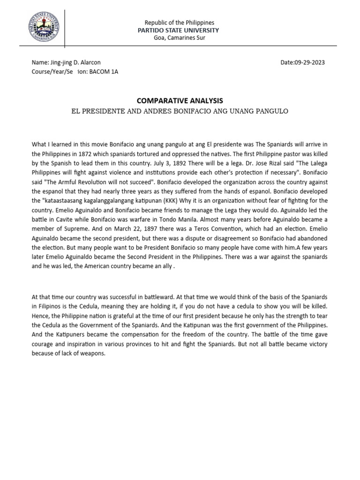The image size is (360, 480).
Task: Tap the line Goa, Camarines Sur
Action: point(180,38)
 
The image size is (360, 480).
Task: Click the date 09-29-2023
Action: point(310,62)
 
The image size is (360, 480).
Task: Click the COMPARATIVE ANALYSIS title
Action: point(180,101)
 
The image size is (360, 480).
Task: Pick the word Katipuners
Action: point(68,335)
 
